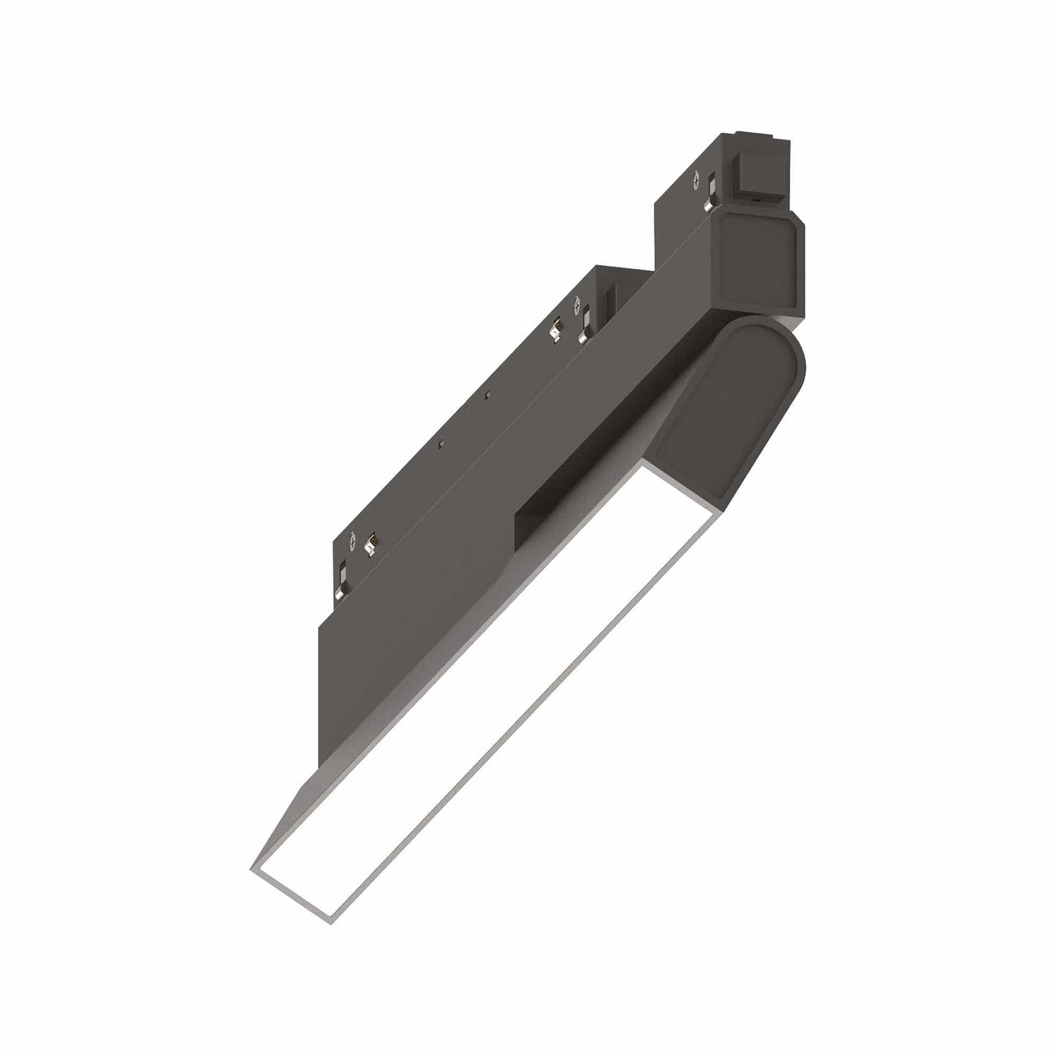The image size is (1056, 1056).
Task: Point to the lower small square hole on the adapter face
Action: [441, 444]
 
